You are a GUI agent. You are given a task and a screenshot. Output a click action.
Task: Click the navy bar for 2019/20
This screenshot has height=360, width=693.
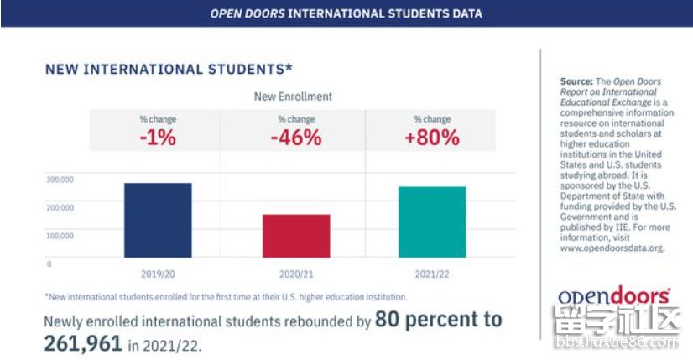[x=157, y=220]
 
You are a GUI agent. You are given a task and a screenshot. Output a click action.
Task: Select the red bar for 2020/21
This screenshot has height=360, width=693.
[x=295, y=236]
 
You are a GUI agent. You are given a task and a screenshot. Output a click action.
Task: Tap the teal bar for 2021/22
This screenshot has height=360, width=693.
[x=432, y=222]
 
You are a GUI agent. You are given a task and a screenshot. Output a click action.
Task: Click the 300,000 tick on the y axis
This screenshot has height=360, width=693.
[x=60, y=180]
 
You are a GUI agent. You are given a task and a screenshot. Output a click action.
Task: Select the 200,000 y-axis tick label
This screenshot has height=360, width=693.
[x=60, y=207]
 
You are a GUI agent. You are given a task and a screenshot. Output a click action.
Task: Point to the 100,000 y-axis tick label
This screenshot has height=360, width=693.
[x=60, y=236]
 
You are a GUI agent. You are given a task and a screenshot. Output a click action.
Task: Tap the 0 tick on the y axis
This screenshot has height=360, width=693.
[x=49, y=263]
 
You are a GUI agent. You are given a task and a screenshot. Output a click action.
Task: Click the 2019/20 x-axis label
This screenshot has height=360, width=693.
[x=158, y=274]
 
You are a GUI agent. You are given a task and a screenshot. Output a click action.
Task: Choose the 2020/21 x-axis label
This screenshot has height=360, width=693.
[x=295, y=274]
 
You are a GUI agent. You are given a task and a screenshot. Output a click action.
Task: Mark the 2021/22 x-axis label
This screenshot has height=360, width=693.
[x=432, y=274]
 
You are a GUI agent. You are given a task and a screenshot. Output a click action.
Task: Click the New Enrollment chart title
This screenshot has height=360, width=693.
[x=293, y=97]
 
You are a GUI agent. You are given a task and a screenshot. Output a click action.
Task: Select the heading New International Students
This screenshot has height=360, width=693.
[x=169, y=69]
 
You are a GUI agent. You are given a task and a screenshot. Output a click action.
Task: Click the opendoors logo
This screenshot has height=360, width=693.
[x=614, y=296]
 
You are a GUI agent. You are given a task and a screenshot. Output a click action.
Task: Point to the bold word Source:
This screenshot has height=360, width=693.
[x=576, y=81]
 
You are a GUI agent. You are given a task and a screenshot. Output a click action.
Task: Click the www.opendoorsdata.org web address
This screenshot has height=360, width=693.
[x=612, y=248]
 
